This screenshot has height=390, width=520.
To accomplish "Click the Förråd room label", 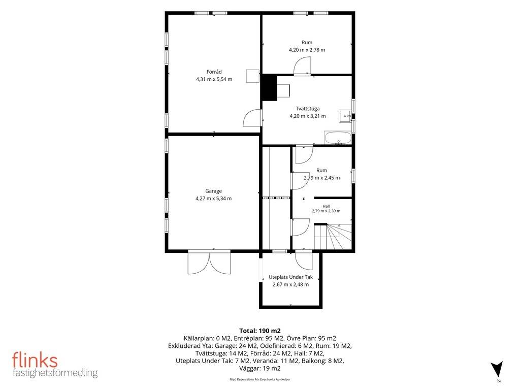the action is pyautogui.click(x=214, y=72).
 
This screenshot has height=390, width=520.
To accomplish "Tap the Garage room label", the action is pyautogui.click(x=214, y=191).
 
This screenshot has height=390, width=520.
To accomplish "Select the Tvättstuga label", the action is pyautogui.click(x=308, y=109).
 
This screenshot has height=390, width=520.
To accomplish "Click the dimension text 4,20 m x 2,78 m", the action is pyautogui.click(x=307, y=50).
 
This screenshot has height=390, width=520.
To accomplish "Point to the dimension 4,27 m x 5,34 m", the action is pyautogui.click(x=214, y=199).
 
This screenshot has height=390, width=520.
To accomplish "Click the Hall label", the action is pyautogui.click(x=326, y=206).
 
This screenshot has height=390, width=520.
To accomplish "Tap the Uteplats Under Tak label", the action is pyautogui.click(x=290, y=277).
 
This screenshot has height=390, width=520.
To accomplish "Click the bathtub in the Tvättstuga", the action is pyautogui.click(x=338, y=138).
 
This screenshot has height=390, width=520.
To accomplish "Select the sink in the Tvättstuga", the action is pyautogui.click(x=345, y=116).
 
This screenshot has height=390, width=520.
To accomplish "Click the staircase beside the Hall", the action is pyautogui.click(x=333, y=237).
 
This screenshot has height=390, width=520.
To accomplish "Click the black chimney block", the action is pyautogui.click(x=269, y=87).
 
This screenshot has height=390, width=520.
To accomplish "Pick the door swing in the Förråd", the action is pyautogui.click(x=251, y=118).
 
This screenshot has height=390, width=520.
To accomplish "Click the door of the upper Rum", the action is pyautogui.click(x=302, y=66).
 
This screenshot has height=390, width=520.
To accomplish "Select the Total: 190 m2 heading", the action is pyautogui.click(x=260, y=331).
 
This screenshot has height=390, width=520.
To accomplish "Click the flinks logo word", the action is pyautogui.click(x=35, y=360).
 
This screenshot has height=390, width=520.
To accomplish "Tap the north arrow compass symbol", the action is pyautogui.click(x=497, y=369).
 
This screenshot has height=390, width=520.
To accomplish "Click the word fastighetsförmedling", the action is pyautogui.click(x=55, y=373).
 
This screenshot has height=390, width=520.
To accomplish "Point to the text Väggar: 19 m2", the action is pyautogui.click(x=260, y=369).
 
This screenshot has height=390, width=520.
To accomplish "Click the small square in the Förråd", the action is pyautogui.click(x=252, y=76).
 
